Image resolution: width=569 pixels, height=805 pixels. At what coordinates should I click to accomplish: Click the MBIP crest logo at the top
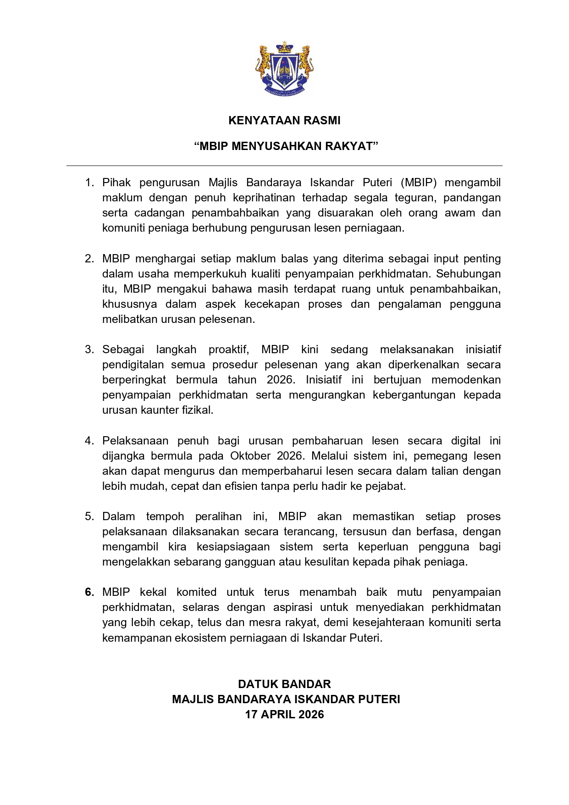pyautogui.click(x=284, y=69)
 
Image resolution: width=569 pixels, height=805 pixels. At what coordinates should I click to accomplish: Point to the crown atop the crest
pyautogui.click(x=284, y=47)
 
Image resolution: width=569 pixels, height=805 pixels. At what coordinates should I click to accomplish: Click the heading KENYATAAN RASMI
pyautogui.click(x=284, y=121)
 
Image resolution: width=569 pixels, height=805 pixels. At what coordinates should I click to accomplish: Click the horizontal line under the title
pyautogui.click(x=284, y=166)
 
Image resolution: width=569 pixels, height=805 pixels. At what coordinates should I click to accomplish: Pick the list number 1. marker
pyautogui.click(x=89, y=183)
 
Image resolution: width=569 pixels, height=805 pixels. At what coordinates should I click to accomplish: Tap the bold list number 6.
pyautogui.click(x=89, y=592)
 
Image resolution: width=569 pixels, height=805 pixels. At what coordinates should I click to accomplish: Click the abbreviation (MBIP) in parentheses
pyautogui.click(x=419, y=183)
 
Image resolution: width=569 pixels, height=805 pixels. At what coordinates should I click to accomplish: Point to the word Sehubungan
pyautogui.click(x=468, y=274)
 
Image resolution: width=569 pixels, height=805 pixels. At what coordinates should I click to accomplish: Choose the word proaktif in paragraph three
pyautogui.click(x=228, y=350)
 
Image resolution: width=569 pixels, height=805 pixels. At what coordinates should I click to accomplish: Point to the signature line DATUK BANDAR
pyautogui.click(x=284, y=684)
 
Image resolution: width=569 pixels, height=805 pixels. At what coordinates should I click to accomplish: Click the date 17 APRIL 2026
pyautogui.click(x=284, y=715)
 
